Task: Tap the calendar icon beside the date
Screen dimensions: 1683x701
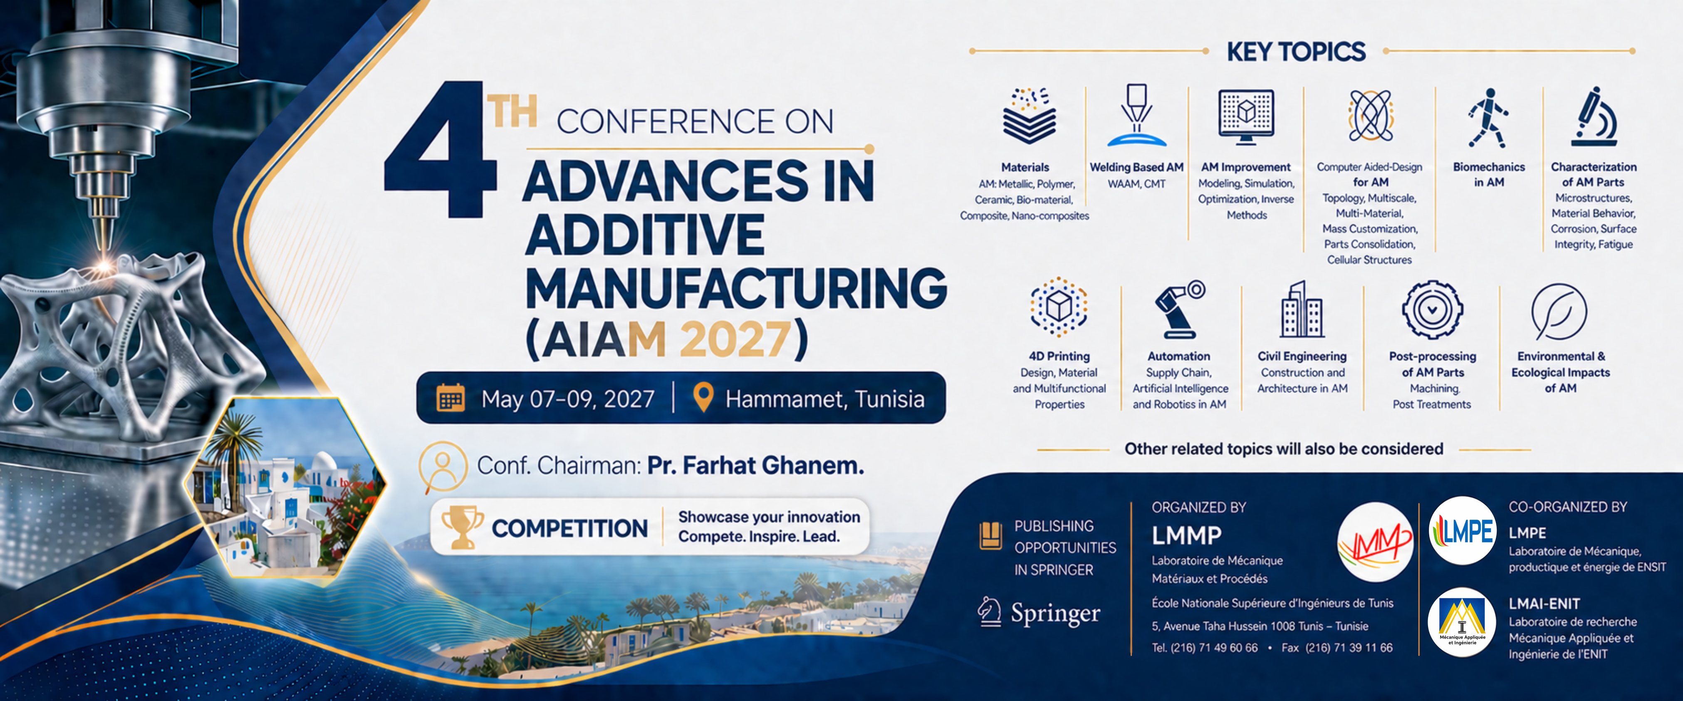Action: point(451,398)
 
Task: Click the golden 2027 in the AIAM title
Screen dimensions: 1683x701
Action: point(736,339)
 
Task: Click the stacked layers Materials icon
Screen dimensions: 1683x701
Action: point(1030,116)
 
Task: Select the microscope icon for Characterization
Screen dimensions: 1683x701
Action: point(1594,116)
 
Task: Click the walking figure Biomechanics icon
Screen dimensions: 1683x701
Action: point(1488,118)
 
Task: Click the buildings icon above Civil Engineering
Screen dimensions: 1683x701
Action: point(1302,309)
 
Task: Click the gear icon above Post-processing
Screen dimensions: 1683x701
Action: point(1432,310)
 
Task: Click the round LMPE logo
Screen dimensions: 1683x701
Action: point(1462,530)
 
